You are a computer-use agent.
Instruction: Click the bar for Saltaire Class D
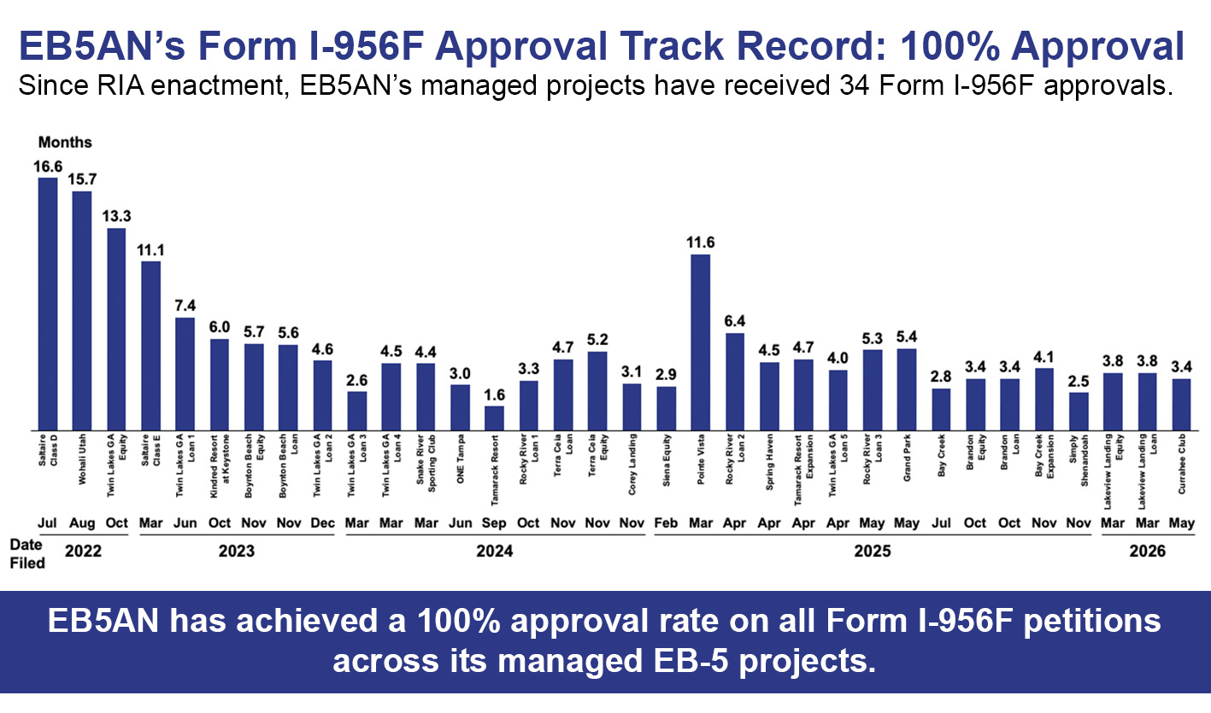click(48, 304)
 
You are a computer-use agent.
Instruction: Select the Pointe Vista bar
click(701, 342)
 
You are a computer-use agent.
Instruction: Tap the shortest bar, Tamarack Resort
click(494, 418)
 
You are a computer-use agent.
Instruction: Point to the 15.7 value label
click(82, 179)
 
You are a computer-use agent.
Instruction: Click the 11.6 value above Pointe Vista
click(701, 243)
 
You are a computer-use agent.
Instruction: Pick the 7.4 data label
click(185, 306)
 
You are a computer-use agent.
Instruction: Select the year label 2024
click(494, 551)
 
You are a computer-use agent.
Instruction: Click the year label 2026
click(1147, 551)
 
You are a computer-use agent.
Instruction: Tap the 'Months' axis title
click(65, 142)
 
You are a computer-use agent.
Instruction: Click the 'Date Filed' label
click(27, 553)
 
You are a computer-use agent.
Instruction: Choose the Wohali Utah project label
click(82, 459)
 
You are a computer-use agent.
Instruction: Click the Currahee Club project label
click(1182, 464)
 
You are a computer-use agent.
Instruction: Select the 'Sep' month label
click(494, 523)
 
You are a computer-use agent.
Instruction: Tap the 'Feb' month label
click(666, 523)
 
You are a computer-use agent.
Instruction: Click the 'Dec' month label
click(322, 523)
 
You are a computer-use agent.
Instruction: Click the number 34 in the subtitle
click(855, 85)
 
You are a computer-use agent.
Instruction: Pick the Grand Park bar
click(907, 389)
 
